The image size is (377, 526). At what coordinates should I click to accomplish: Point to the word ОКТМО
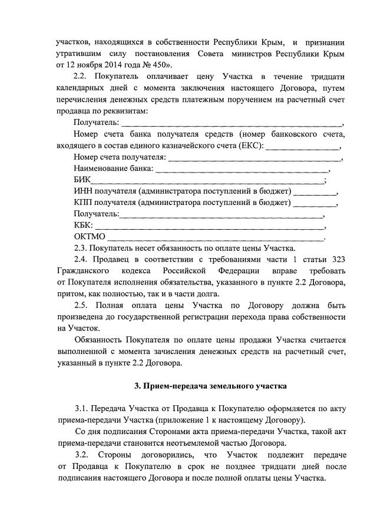(90, 237)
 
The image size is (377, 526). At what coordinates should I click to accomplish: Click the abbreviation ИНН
(84, 191)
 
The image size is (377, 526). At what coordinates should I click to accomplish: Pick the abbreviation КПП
(84, 203)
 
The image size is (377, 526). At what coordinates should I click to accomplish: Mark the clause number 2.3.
(81, 248)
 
